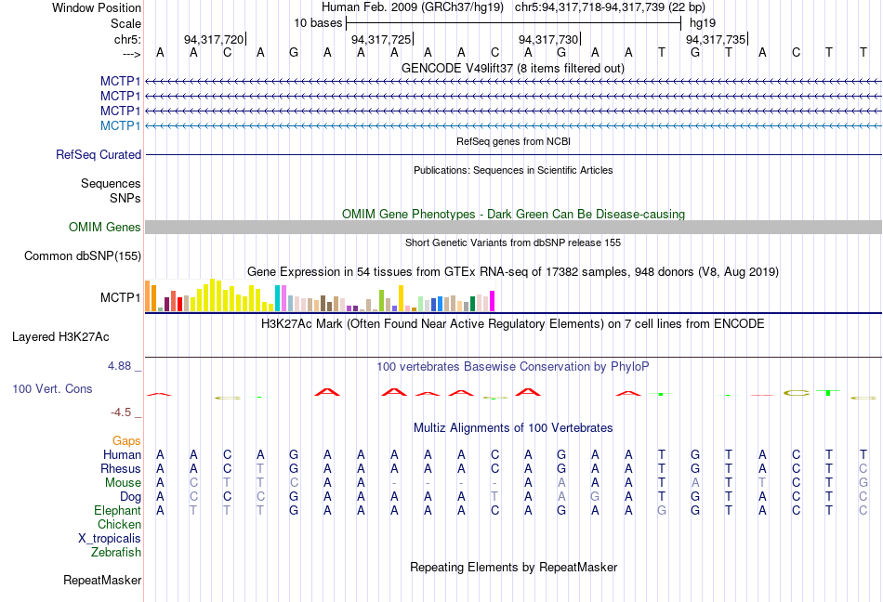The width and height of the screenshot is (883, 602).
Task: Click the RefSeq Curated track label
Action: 99,155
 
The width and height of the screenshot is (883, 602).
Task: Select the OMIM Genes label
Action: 105,228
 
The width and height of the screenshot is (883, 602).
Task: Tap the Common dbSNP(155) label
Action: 83,256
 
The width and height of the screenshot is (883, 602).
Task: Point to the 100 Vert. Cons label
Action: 52,388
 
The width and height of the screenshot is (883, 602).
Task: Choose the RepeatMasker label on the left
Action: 102,581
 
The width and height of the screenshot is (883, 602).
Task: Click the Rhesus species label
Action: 121,469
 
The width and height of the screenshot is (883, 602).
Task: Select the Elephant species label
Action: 117,511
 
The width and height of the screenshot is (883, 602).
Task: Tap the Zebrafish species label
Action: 116,553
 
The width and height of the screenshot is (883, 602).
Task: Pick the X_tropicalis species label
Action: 110,539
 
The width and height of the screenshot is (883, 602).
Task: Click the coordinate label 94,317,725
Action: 380,40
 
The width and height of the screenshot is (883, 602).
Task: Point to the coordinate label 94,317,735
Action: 715,40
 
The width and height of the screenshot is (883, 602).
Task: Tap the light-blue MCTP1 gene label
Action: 121,125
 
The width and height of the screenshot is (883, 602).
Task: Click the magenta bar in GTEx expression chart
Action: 493,301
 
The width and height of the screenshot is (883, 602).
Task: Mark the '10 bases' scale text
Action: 318,22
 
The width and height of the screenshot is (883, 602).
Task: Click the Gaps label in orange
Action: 126,440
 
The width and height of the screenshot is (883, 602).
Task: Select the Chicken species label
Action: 119,525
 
